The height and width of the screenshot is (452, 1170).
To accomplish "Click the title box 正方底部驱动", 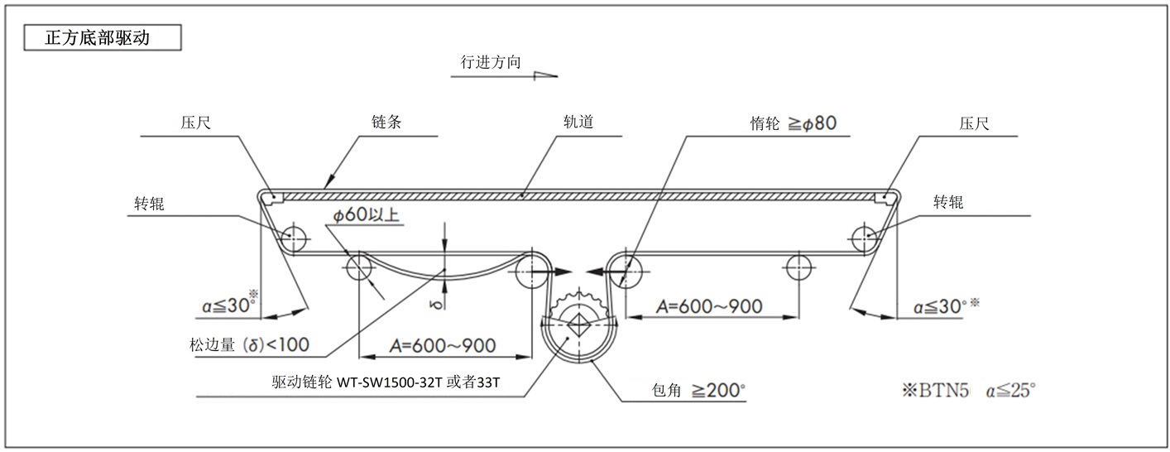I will coord(98,37).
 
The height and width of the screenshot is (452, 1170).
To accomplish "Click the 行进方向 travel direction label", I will coord(491,61).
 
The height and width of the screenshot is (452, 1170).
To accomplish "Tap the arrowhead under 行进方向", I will coord(545,75).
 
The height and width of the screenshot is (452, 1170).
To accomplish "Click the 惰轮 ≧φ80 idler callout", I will coord(788,123).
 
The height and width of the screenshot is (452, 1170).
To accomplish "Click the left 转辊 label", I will coord(150,204).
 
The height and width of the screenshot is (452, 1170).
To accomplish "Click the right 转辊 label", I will coord(949,203).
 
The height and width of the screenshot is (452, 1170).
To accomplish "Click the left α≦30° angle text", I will coord(228,306).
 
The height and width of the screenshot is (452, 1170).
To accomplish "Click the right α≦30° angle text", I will coord(942,307).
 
